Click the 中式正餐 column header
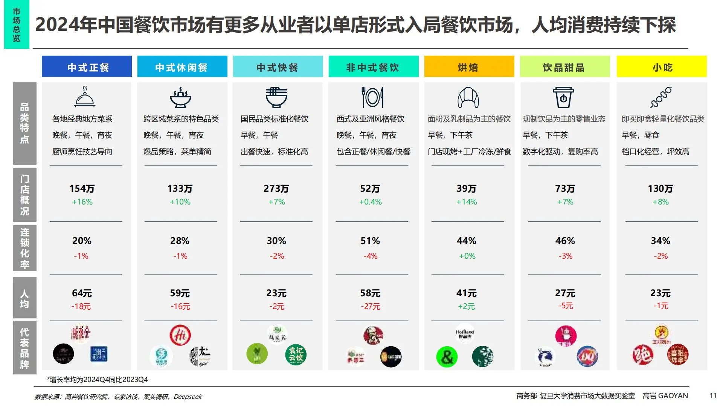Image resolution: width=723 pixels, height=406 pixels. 87,67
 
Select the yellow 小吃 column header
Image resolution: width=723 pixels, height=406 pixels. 662,67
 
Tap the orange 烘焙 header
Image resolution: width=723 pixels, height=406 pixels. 469,67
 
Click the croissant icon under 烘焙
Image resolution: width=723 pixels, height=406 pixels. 468,97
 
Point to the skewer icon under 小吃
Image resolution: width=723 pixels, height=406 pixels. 661,97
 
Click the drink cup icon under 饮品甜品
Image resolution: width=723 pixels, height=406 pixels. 563,97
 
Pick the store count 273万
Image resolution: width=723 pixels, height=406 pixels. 276,188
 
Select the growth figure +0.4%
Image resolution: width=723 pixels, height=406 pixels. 370,202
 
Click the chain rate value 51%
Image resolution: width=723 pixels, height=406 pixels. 370,241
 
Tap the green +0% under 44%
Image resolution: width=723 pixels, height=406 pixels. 467,256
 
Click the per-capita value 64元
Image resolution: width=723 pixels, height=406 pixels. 82,293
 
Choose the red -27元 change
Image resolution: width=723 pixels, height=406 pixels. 370,306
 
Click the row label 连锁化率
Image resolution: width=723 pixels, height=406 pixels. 25,248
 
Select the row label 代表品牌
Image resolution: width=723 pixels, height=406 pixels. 25,348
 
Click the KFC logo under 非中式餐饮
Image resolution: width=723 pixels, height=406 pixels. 373,335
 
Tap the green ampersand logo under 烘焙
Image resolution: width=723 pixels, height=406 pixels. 447,356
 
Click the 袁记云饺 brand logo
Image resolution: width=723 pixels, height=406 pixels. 296,354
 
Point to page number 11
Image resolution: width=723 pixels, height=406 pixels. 713,395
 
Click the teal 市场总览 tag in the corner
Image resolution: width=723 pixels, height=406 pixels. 17,25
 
